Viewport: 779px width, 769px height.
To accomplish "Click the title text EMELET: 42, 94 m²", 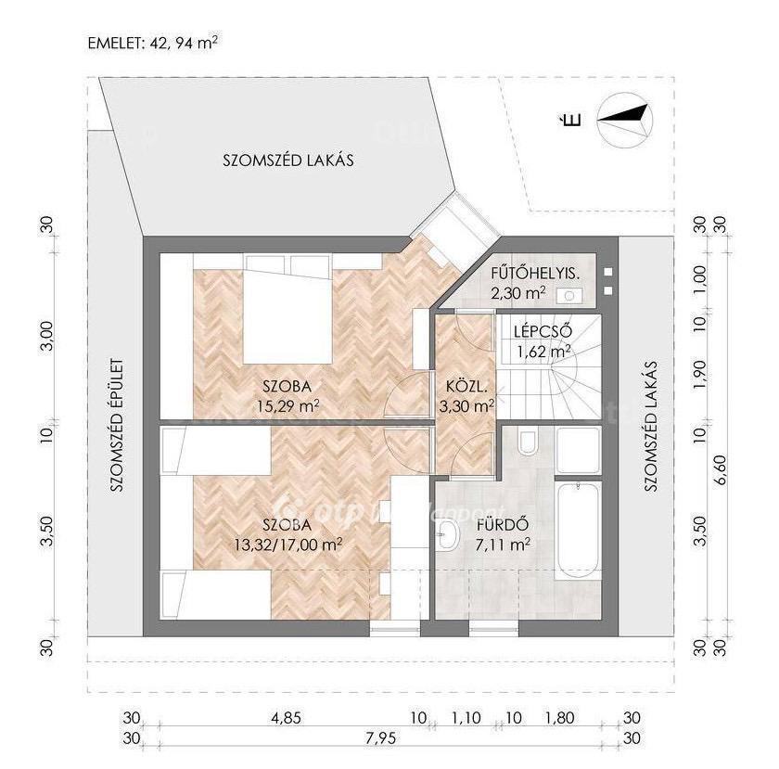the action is coord(152,43).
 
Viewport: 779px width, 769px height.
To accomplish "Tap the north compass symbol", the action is coord(625,121).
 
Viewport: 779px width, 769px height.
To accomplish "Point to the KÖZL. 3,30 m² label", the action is coord(466,396).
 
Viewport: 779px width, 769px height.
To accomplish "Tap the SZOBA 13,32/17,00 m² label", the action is coord(287,534).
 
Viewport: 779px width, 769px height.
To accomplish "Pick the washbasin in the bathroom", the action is coord(448,535).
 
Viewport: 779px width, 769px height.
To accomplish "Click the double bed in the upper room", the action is coord(287,309).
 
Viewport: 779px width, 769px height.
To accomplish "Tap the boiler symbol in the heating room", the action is coord(569,296).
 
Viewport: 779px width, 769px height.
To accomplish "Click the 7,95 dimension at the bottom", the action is coord(380,738).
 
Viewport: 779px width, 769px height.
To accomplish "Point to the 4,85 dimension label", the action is coord(286,718).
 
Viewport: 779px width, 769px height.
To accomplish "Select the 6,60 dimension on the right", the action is coord(721,469).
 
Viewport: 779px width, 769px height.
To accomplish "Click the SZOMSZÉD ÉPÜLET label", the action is coord(117,426).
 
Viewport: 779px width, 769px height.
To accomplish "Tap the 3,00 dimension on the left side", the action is coord(46,336).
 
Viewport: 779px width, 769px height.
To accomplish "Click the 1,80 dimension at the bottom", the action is coord(559,718).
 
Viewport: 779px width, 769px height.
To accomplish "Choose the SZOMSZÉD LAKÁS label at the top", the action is coord(288,160).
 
